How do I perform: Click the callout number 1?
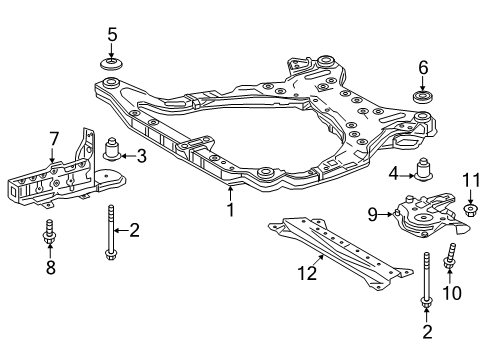coord(230,210)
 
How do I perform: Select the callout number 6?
coord(422,67)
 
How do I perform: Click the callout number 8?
coord(48,267)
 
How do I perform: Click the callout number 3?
coord(141,155)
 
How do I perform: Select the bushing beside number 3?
coord(113,151)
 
